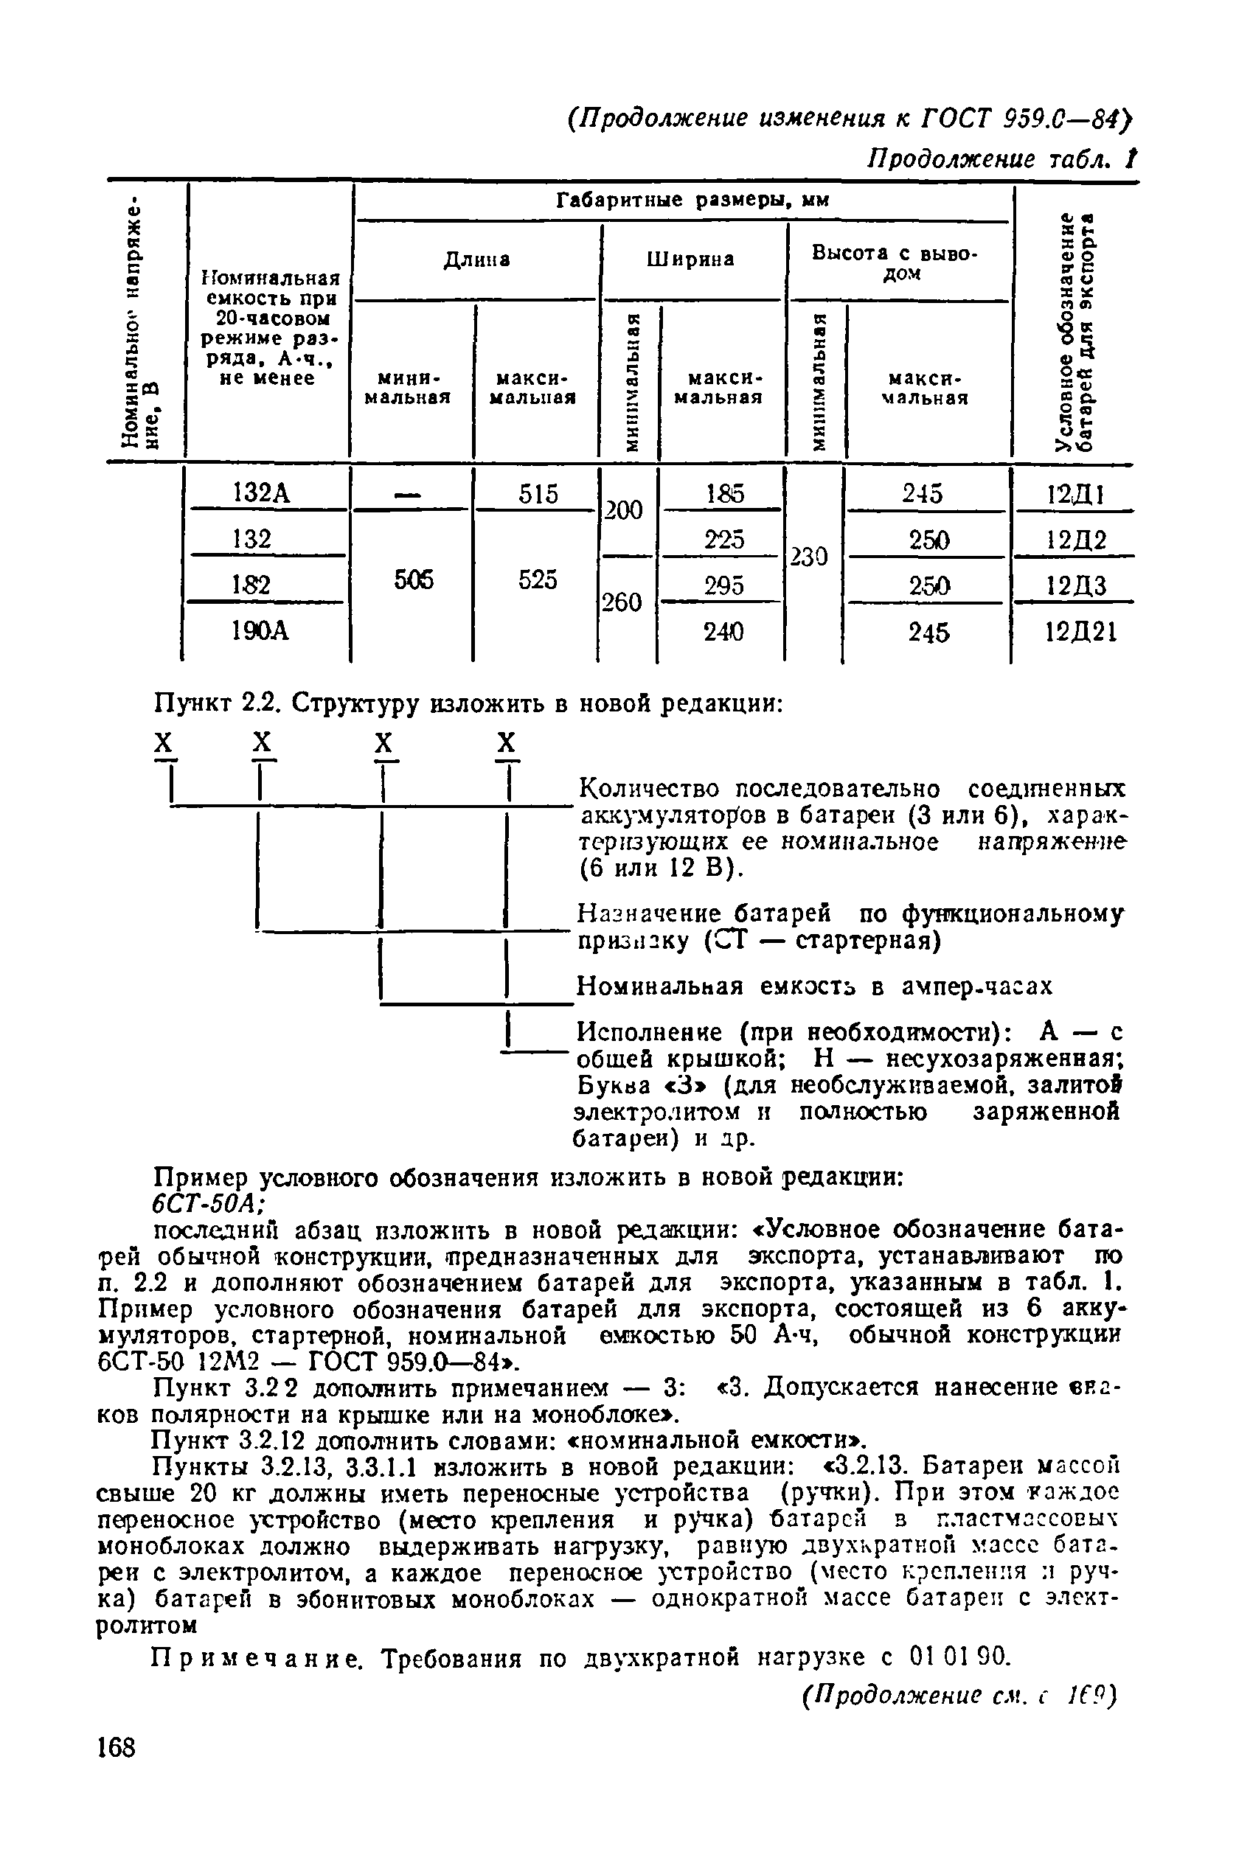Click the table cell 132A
263,494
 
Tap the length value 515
538,494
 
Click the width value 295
723,585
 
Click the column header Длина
476,260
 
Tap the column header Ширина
690,260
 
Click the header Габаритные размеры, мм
693,201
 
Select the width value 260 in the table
622,603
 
